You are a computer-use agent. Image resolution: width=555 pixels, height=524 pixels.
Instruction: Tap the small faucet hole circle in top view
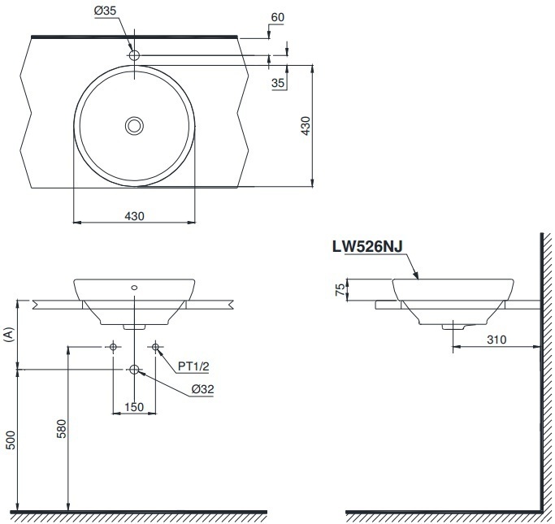point(134,55)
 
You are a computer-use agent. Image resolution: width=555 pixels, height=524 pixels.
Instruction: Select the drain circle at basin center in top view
point(134,125)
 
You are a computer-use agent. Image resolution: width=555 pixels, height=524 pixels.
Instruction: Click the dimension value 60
point(278,15)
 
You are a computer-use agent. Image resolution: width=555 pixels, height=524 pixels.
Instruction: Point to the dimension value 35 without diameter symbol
point(278,83)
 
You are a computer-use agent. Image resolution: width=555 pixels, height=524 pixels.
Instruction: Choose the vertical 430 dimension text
point(306,126)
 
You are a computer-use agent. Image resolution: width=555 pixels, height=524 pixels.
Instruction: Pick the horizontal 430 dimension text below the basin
point(134,215)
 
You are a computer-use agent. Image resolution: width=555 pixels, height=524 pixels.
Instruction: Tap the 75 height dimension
point(339,290)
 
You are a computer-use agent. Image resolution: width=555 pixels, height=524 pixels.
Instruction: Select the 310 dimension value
point(497,339)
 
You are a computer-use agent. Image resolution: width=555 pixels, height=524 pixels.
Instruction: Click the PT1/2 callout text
point(194,366)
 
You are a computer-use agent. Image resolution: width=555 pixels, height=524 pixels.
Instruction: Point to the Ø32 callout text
point(203,389)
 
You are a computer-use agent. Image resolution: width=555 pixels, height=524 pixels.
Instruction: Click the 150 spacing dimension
point(134,406)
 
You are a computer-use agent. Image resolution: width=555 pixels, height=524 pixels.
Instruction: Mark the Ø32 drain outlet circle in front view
point(134,370)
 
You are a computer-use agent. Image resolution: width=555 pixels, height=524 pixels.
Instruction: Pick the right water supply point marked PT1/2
point(154,347)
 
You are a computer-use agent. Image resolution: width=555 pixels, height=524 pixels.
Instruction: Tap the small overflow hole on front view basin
point(134,287)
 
